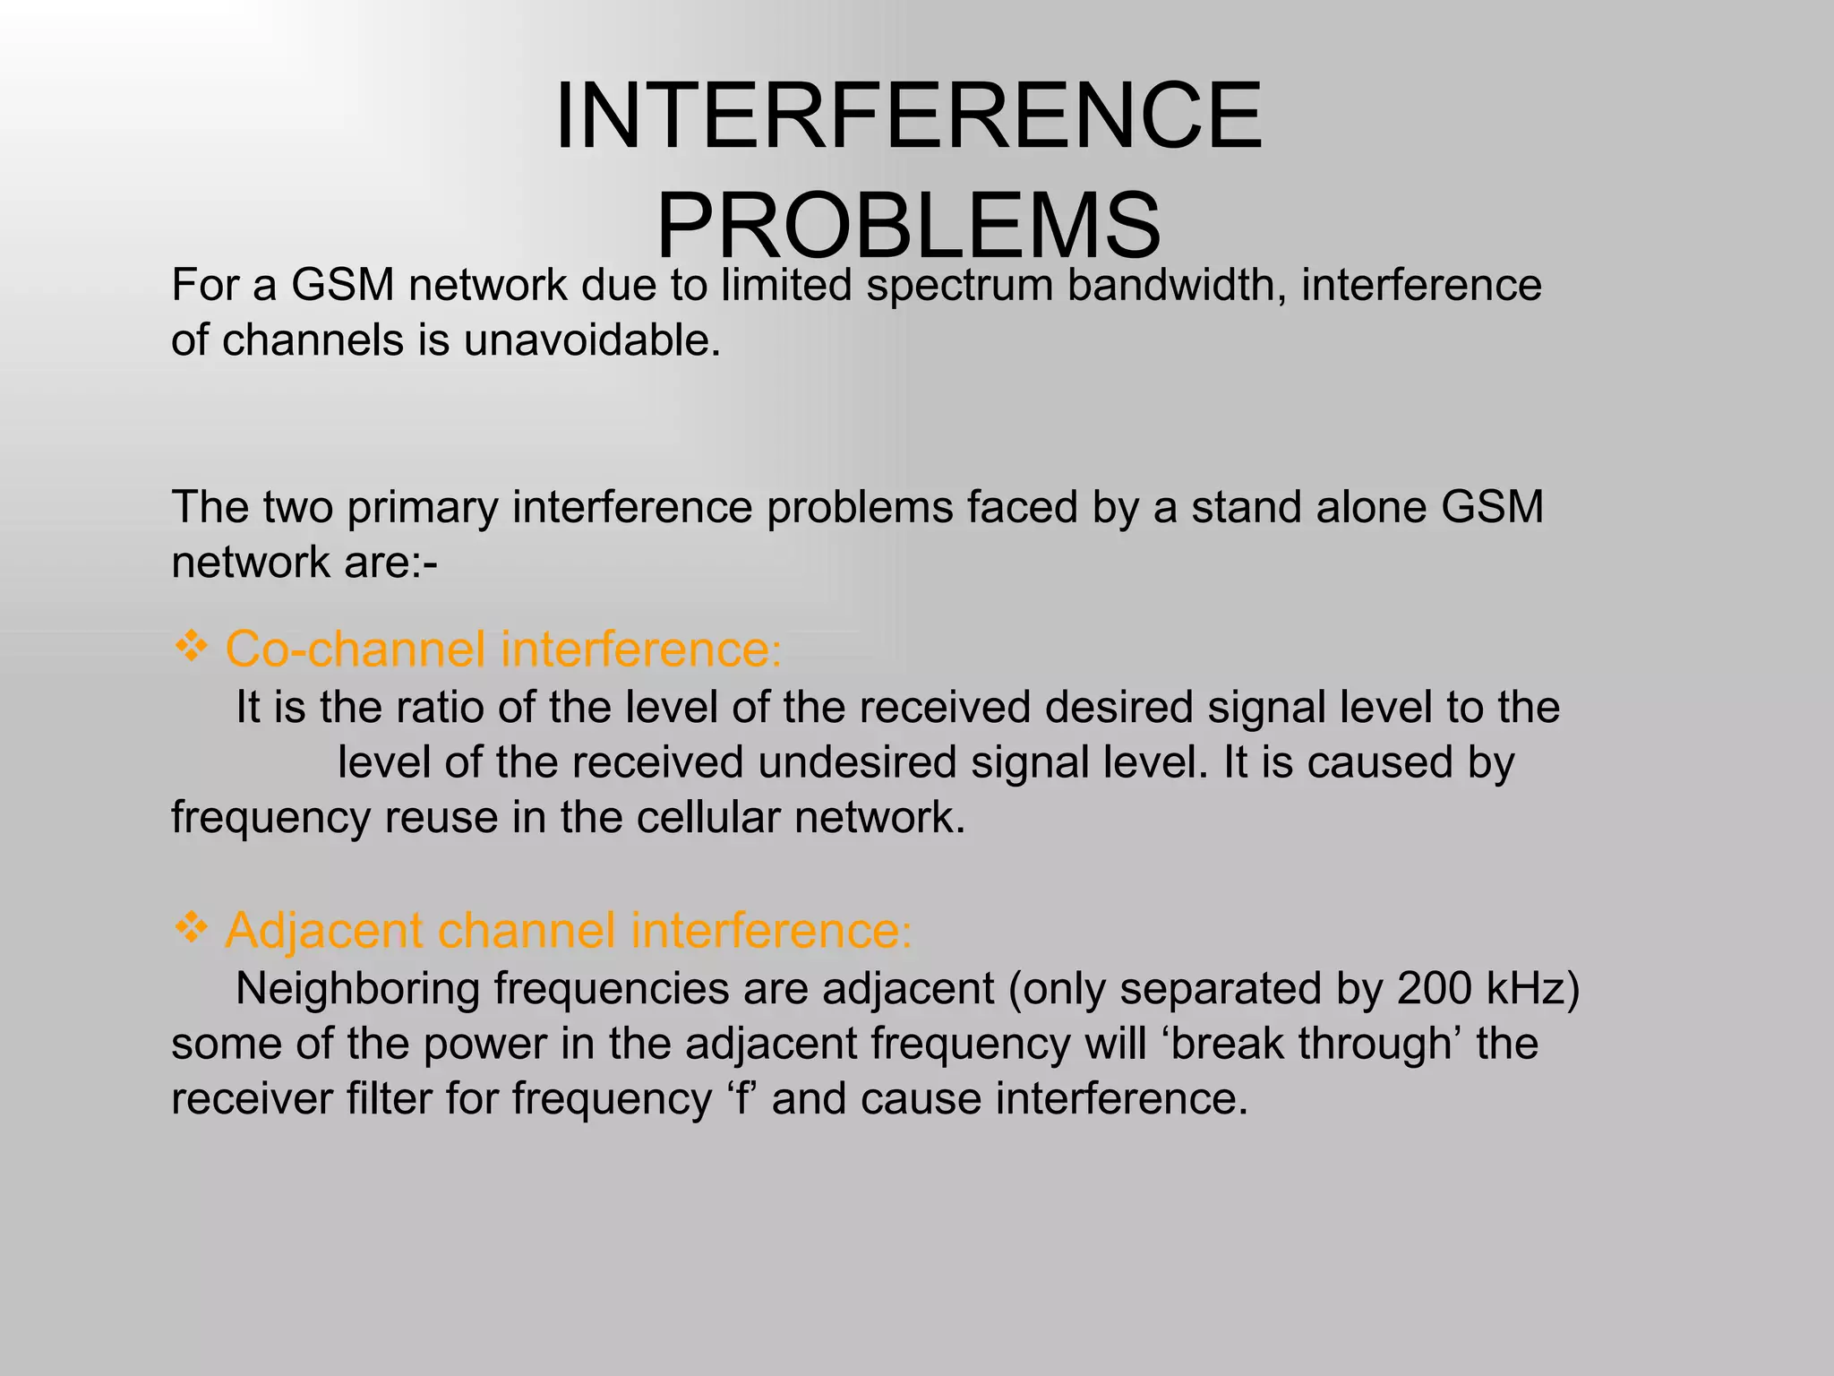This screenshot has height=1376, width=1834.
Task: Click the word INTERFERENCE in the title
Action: pyautogui.click(x=908, y=116)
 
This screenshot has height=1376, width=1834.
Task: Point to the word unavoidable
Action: pyautogui.click(x=592, y=340)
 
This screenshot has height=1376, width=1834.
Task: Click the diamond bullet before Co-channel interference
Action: pyautogui.click(x=191, y=646)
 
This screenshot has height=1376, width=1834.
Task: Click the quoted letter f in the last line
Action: pyautogui.click(x=741, y=1099)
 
